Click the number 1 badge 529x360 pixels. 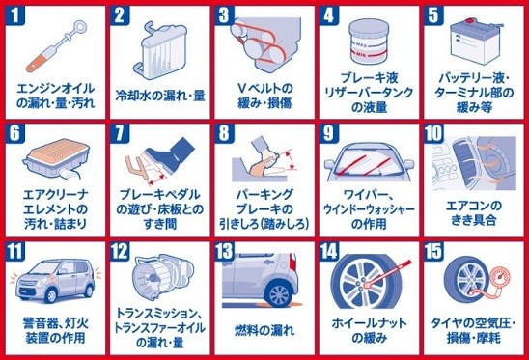coord(15,14)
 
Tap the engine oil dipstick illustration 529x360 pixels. coord(56,46)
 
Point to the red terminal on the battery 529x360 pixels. coord(468,21)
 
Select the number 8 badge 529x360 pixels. coord(224,133)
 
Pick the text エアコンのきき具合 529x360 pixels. coord(474,212)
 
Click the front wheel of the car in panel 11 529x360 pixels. coord(51,295)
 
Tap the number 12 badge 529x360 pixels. coord(120,251)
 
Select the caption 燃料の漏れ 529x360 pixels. coord(264,330)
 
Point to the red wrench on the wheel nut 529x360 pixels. coord(387,274)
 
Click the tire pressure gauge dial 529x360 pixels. coord(500,276)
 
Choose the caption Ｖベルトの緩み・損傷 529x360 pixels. coord(264,97)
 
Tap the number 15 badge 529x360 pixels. coord(433,251)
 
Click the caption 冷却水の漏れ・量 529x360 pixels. coord(160,96)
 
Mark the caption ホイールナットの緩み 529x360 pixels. coord(369,331)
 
